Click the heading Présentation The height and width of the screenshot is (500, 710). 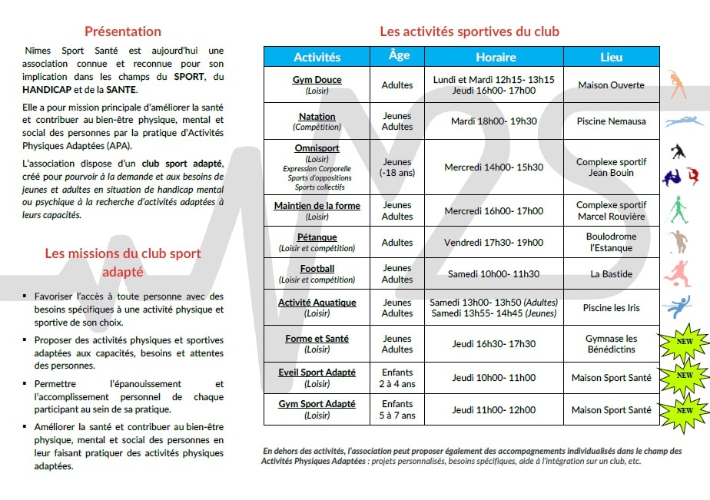[x=123, y=31]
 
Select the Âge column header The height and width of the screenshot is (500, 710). [x=399, y=56]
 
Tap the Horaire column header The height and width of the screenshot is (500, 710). [x=496, y=57]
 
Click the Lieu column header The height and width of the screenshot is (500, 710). [x=611, y=57]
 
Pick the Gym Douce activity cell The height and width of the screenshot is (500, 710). [x=317, y=84]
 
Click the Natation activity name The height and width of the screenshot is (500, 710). [x=317, y=116]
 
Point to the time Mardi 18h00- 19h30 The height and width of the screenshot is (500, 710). [x=494, y=121]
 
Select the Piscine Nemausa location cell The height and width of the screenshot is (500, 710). [x=611, y=121]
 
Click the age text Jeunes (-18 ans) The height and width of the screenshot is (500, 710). [x=397, y=167]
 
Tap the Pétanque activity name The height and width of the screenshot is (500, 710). [x=317, y=237]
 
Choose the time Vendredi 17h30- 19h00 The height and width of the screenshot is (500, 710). [x=493, y=243]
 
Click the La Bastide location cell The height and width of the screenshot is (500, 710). [x=611, y=274]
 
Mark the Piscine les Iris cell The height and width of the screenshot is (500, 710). [x=611, y=308]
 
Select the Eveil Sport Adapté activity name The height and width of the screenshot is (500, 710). [x=317, y=373]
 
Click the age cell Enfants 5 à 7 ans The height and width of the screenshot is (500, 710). [x=397, y=410]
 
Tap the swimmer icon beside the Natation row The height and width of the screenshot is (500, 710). [x=684, y=121]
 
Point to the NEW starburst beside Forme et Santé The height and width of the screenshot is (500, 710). [x=684, y=343]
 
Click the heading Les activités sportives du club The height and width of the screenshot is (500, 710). [x=469, y=31]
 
